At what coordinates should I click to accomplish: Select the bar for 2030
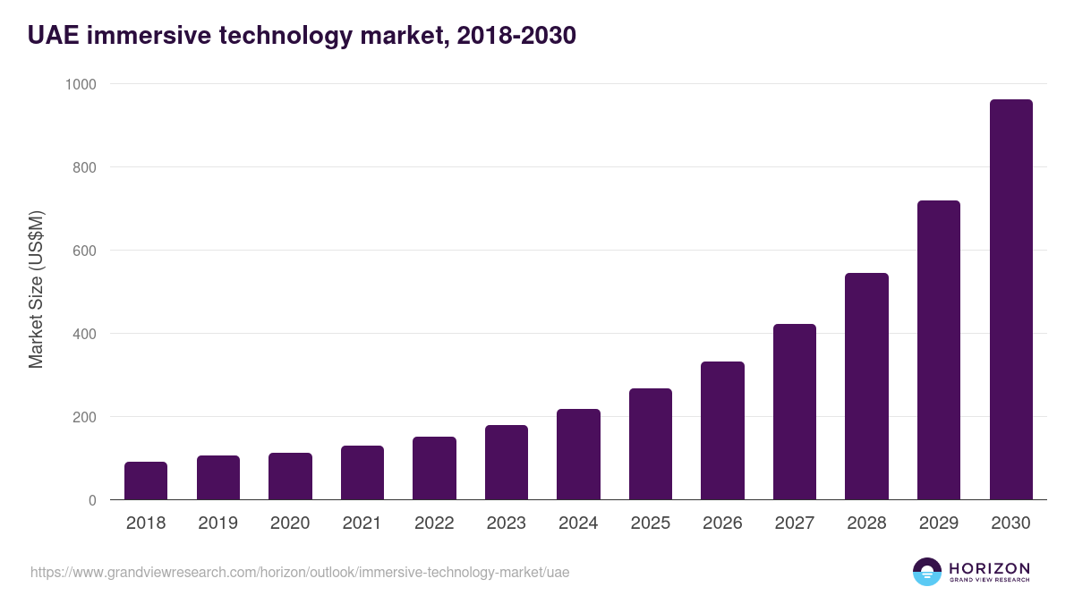(1010, 300)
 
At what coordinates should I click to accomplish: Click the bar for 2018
(146, 481)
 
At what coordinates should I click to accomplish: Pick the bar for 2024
(578, 455)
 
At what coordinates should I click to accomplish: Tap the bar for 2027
(795, 412)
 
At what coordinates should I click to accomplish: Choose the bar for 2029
(939, 350)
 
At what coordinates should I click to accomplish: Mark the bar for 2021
(362, 472)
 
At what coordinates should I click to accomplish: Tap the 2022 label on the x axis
(434, 523)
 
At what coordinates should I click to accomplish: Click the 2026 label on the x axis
(722, 523)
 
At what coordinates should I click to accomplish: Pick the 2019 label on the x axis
(218, 523)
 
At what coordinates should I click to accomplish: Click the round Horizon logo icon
(927, 572)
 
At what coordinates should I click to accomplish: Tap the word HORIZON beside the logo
(989, 568)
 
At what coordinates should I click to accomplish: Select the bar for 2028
(866, 387)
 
